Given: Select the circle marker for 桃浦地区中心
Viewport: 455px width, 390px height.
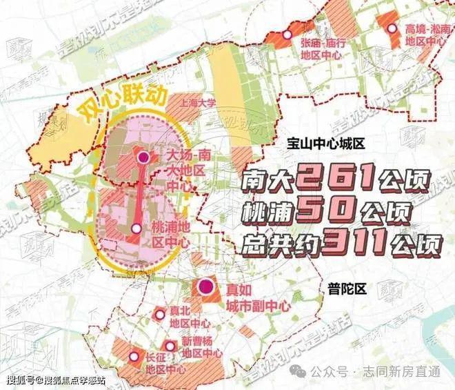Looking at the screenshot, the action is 136,228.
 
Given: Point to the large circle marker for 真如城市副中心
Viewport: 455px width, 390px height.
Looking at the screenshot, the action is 205,287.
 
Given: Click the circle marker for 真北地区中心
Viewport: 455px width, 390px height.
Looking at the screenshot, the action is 160,314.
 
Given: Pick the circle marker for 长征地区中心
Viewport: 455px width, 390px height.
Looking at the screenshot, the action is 135,356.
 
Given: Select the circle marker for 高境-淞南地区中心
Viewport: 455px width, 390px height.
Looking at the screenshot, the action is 392,28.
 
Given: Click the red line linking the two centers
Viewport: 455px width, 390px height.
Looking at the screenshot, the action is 140,193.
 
